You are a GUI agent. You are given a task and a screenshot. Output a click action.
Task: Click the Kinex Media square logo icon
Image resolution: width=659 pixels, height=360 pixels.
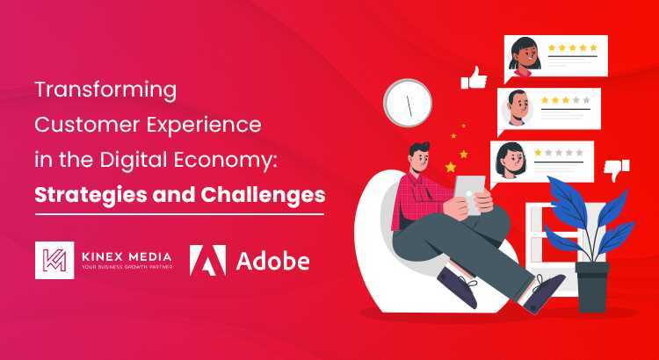[x=54, y=259]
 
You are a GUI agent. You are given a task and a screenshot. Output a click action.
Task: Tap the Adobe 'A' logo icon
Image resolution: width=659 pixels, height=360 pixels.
[x=207, y=259]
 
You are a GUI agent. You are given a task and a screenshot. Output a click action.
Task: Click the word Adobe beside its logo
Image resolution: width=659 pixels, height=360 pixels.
[x=272, y=259]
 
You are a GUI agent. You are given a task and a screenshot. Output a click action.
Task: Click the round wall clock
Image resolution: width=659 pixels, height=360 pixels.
[x=409, y=104]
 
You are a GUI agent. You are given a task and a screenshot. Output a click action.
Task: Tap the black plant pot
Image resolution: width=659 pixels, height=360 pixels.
[x=593, y=282]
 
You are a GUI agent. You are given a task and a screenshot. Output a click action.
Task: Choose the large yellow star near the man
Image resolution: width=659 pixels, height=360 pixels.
[x=451, y=166]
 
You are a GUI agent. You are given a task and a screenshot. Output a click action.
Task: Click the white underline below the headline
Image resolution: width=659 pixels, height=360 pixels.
[x=179, y=213]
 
